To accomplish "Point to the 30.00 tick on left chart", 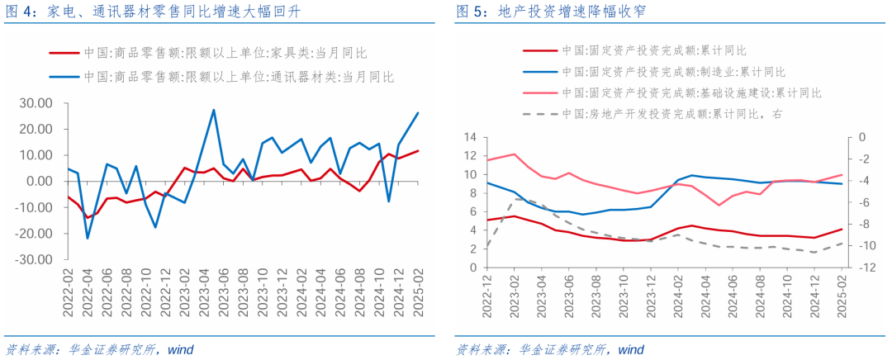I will tap(35, 103).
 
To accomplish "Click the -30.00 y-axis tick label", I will tap(33, 259).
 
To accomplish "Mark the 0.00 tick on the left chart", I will tap(38, 182).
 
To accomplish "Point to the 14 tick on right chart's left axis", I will tap(471, 137).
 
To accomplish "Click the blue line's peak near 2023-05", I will tap(214, 110).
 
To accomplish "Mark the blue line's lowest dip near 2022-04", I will tap(88, 238).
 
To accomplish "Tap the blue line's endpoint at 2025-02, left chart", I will tap(418, 113).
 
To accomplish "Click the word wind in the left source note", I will tap(180, 349).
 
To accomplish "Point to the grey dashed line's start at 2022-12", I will tap(487, 246).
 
